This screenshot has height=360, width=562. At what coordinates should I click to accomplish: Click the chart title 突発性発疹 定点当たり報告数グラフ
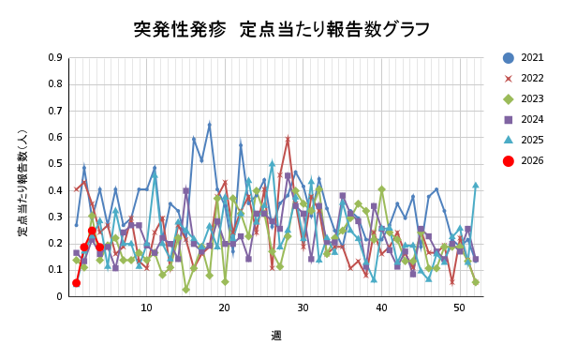pos(282,29)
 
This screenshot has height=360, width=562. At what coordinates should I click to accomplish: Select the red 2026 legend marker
pos(509,160)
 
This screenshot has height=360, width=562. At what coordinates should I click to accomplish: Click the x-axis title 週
pos(276,335)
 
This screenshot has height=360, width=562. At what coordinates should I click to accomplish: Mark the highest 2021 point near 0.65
pos(209,124)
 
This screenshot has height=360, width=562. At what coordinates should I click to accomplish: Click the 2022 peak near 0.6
pos(288,138)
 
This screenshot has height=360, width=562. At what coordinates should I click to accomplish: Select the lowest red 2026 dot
pos(76,282)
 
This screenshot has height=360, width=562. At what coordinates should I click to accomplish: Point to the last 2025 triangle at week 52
pos(475,185)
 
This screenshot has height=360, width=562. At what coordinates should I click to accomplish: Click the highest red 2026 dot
pos(92,231)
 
